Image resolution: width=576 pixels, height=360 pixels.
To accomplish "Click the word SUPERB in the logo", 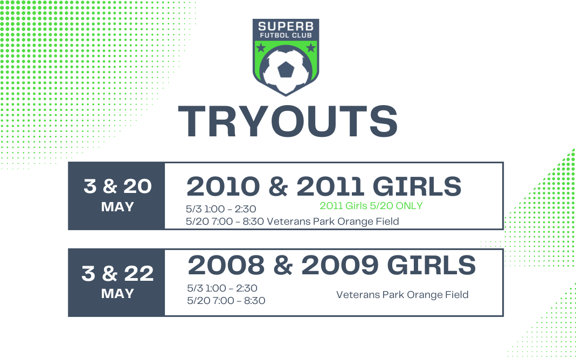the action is click(286, 26).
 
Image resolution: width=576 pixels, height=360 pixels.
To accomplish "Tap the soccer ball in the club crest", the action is click(286, 72).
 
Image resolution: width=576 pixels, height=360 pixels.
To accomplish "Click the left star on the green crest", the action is click(261, 47).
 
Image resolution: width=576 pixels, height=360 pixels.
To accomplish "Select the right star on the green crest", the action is click(311, 47).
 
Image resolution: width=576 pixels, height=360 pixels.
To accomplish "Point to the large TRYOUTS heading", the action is click(288, 122).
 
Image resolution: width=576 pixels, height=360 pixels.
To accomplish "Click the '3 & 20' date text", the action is click(117, 186).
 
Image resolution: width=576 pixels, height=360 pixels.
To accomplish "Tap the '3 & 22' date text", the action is click(117, 274).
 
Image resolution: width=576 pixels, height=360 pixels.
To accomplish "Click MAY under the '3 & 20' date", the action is click(117, 207).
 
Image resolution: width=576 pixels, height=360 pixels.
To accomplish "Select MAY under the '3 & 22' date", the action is click(117, 294).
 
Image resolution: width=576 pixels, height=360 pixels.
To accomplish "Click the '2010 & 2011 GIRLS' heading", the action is click(324, 186).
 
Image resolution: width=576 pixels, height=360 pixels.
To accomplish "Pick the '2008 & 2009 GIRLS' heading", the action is click(332, 265).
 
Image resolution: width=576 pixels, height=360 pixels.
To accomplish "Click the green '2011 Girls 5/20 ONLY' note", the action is click(371, 206).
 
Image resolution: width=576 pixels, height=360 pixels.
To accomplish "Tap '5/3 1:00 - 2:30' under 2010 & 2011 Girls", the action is click(221, 209).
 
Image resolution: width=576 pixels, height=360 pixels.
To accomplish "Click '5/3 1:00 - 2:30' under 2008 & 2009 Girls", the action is click(222, 288).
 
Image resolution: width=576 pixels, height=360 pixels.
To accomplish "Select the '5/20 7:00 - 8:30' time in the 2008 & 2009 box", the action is click(226, 301).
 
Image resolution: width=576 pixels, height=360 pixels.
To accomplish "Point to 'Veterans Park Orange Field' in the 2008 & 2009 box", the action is click(402, 295).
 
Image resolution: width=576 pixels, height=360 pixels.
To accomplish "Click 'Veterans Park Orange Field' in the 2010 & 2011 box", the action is click(333, 221).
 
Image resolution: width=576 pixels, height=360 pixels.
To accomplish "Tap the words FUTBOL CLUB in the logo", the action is click(286, 35).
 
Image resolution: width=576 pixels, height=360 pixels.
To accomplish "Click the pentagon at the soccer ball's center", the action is click(286, 70).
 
